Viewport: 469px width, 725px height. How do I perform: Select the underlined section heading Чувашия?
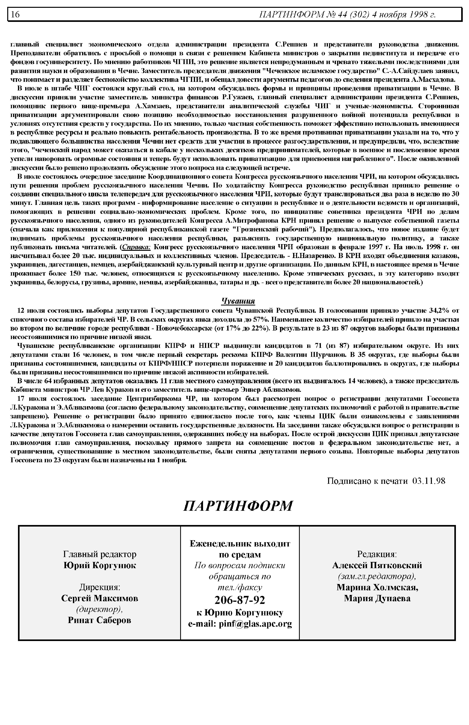(x=238, y=301)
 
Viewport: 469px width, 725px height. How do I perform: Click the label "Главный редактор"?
(x=100, y=554)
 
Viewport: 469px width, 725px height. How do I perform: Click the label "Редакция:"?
(x=377, y=554)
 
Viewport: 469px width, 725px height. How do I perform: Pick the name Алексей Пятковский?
(x=377, y=565)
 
